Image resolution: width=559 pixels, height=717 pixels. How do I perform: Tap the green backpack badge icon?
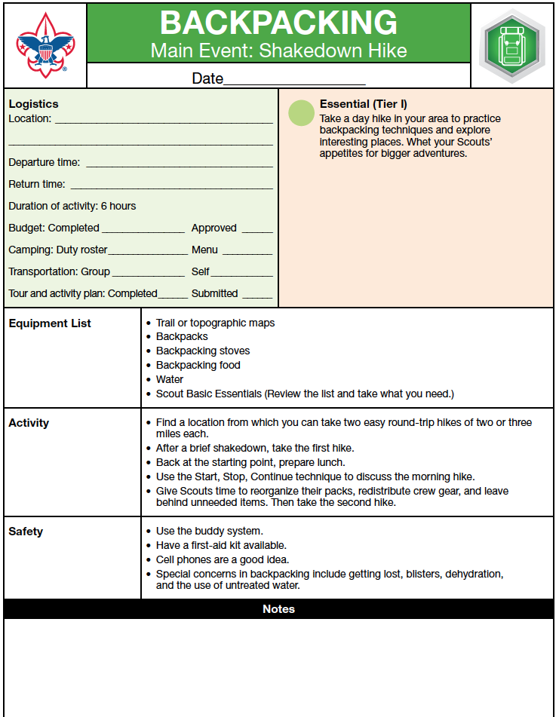513,46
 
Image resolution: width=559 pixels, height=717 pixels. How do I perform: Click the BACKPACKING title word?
278,23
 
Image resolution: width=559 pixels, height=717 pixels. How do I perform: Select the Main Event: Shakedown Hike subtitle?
278,51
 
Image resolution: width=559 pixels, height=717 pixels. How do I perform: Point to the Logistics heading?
33,104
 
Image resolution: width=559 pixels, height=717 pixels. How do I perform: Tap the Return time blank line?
171,185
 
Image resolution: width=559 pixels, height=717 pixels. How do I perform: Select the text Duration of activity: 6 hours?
72,206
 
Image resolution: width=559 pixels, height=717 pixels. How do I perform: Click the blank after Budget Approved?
257,230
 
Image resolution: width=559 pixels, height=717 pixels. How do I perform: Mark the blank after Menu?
247,252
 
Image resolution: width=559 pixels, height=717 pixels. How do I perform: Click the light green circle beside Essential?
302,112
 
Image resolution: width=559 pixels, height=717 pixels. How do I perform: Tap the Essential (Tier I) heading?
364,104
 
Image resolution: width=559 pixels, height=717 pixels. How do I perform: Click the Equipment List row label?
50,323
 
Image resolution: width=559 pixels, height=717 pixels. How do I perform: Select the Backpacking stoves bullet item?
203,351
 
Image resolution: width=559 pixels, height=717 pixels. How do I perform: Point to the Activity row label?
29,423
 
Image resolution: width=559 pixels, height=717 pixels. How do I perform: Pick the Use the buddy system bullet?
210,531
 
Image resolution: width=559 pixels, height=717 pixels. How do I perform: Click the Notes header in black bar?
278,609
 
